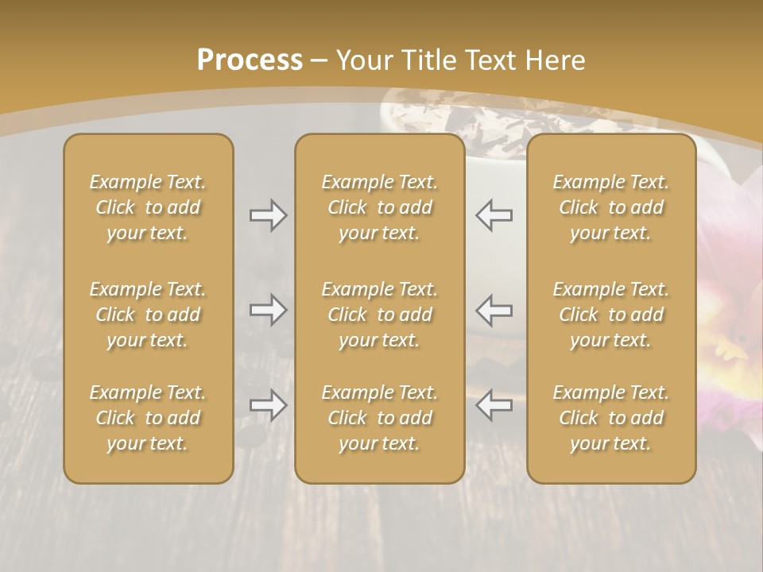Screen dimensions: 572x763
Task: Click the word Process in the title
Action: [250, 60]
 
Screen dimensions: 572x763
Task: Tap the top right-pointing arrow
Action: [269, 215]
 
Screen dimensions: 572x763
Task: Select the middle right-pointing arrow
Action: [269, 310]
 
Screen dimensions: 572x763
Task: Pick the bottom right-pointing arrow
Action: [269, 405]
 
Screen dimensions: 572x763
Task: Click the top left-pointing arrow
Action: [494, 215]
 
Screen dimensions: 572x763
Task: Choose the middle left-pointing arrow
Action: [494, 310]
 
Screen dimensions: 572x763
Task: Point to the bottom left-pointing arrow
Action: [494, 405]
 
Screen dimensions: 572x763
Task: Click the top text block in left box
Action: [148, 207]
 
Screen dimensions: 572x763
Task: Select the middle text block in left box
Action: [148, 315]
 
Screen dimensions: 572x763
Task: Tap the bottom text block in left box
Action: [148, 418]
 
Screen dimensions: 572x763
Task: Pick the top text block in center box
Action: [379, 207]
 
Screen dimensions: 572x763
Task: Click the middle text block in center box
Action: [379, 315]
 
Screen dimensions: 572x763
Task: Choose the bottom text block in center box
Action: [379, 418]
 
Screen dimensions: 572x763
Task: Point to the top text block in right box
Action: [610, 207]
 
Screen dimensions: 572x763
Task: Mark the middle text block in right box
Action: [610, 315]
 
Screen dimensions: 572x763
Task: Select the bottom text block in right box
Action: [610, 418]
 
